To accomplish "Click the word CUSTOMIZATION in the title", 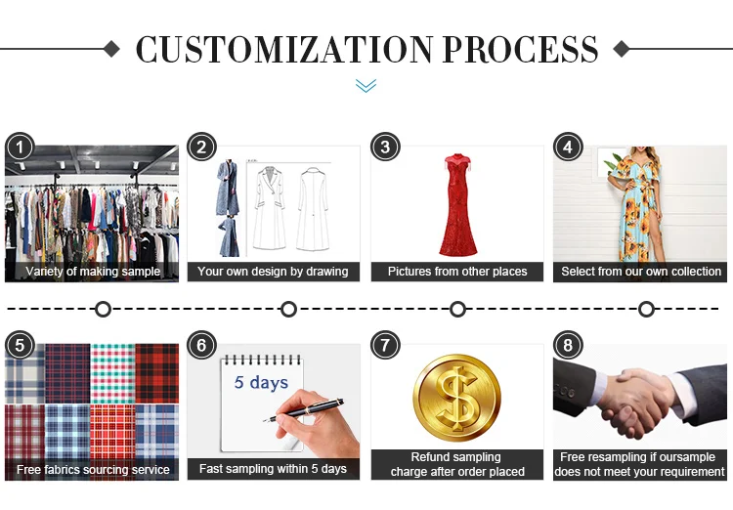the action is click(284, 49).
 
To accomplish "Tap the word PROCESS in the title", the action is click(520, 49).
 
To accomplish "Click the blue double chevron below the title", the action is click(366, 86).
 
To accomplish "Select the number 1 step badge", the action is click(20, 148).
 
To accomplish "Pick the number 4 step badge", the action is click(568, 148).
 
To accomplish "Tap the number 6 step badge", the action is click(201, 346).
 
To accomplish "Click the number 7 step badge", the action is click(385, 346).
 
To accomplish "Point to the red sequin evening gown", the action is click(458, 205).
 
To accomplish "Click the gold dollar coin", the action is click(456, 398).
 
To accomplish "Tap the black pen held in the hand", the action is click(303, 409).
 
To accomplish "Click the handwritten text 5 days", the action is click(261, 382).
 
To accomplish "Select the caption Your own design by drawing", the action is click(273, 272).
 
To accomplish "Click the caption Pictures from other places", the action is click(457, 272).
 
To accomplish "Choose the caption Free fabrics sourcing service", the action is click(93, 469).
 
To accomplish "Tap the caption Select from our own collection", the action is click(641, 272).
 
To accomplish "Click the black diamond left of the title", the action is click(111, 49).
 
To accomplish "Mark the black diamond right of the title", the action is click(622, 49).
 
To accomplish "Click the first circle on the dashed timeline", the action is click(103, 309).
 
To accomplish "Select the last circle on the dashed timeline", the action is click(646, 309).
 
